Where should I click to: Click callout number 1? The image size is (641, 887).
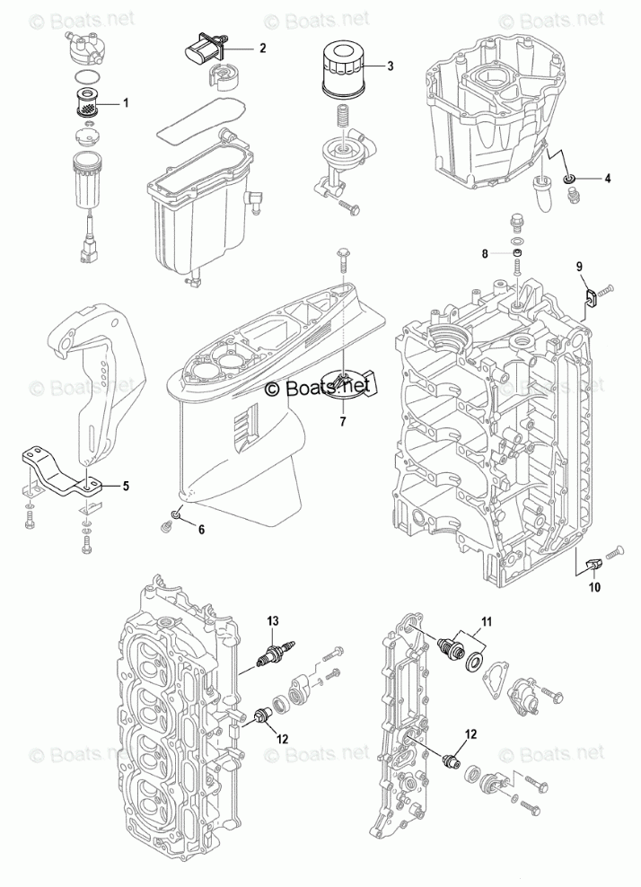point(126,104)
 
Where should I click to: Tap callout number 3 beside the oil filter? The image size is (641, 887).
point(391,66)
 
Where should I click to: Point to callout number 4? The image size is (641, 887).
point(608,179)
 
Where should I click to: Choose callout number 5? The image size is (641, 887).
point(126,486)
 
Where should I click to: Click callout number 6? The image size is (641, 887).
point(201,529)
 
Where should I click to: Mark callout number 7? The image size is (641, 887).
point(342,418)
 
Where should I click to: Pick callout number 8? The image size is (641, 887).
point(485,254)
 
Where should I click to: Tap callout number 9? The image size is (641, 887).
point(579,267)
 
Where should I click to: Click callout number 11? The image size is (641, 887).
point(486,621)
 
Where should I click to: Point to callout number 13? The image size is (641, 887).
point(274,620)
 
